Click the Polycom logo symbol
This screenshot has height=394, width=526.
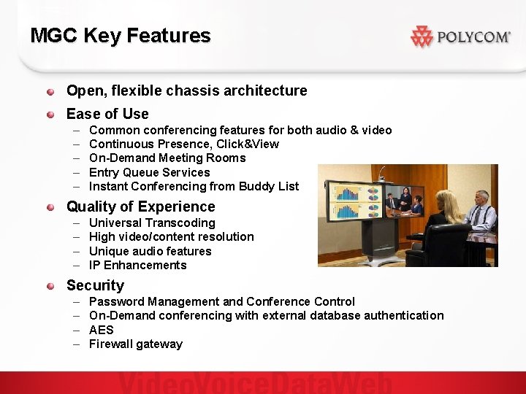[422, 36]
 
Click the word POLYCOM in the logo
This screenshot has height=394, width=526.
[473, 37]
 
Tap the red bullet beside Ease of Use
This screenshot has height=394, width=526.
[50, 114]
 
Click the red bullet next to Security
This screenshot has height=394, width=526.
[50, 285]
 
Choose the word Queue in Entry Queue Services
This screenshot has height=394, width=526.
[142, 172]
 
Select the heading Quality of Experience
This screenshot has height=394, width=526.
[141, 206]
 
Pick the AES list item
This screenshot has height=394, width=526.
[101, 330]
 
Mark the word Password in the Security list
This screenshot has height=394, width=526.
[116, 301]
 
